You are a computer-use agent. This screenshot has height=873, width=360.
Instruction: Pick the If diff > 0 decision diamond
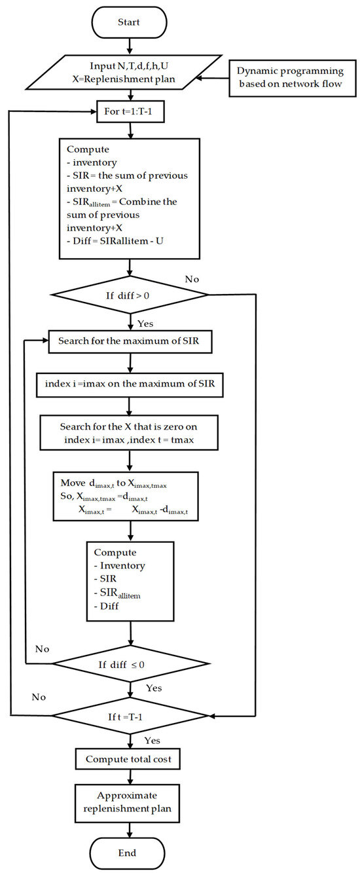click(130, 295)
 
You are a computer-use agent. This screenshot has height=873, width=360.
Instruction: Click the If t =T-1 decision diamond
click(130, 716)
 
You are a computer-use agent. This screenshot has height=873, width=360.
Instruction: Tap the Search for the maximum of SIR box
click(130, 341)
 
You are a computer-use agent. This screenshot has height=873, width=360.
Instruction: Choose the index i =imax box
click(130, 386)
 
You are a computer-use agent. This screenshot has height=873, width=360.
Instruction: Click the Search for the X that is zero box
click(130, 432)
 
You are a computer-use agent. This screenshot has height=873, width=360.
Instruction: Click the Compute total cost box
click(130, 760)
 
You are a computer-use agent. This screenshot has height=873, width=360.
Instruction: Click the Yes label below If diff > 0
click(145, 324)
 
